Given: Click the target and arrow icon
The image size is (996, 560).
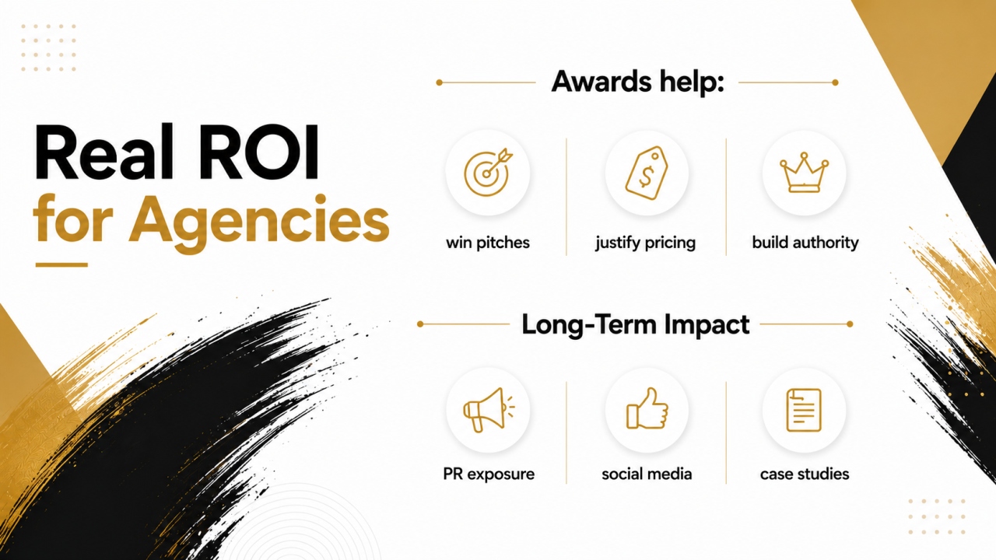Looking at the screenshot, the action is (x=487, y=173).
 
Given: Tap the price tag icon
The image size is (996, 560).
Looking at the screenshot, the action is (x=647, y=173).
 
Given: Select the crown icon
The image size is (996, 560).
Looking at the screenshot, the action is (x=804, y=173).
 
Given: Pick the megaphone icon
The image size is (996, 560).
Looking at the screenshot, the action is (x=488, y=410).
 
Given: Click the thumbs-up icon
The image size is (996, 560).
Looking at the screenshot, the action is (x=647, y=408).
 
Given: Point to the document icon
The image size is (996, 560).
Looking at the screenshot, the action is (x=804, y=410).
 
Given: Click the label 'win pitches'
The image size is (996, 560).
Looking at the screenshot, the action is (x=488, y=243).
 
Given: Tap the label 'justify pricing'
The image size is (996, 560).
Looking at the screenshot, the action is (x=646, y=243).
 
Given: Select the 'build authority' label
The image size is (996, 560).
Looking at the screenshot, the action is (x=805, y=243).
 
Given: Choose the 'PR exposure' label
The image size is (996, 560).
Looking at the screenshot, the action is (x=489, y=474).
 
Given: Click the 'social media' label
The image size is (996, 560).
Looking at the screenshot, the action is (x=647, y=474).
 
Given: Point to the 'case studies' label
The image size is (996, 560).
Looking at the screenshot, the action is (x=805, y=474).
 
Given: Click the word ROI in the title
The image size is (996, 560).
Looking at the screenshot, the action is (x=259, y=152).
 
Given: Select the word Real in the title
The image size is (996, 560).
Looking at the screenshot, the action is (x=103, y=152).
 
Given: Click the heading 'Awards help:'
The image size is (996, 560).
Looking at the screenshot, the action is (x=637, y=82).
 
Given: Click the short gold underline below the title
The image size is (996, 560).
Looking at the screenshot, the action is (x=61, y=265).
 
